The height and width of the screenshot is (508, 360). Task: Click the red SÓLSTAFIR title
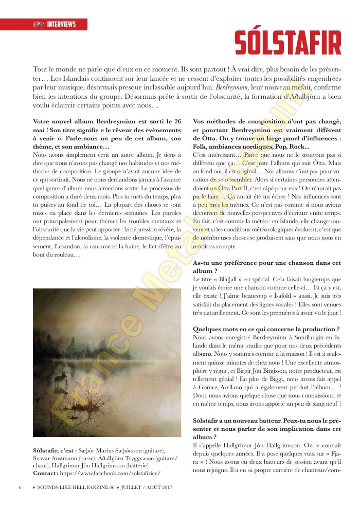[288, 43]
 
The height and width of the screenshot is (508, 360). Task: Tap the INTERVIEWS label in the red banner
[61, 24]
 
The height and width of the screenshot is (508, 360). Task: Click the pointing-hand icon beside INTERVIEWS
[38, 24]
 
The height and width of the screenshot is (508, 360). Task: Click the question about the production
[266, 329]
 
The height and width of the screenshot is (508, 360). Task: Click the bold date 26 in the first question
[177, 121]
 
